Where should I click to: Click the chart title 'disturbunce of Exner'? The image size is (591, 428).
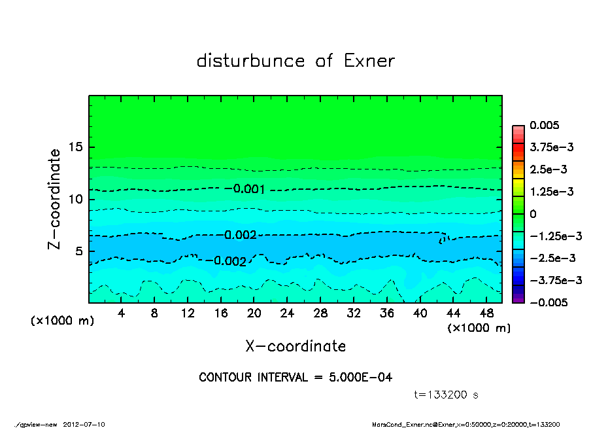pyautogui.click(x=295, y=61)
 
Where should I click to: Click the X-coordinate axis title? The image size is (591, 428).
pyautogui.click(x=295, y=346)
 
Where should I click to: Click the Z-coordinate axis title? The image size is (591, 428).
pyautogui.click(x=55, y=198)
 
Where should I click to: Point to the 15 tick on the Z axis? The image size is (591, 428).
pyautogui.click(x=76, y=147)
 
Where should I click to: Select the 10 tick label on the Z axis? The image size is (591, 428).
pyautogui.click(x=76, y=199)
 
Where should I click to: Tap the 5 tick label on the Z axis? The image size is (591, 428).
pyautogui.click(x=79, y=251)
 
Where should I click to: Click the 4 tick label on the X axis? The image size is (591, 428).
pyautogui.click(x=122, y=313)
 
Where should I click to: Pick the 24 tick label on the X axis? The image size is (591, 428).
pyautogui.click(x=287, y=313)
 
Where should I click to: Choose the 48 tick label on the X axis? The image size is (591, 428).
pyautogui.click(x=486, y=313)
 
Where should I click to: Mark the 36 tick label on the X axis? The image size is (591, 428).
pyautogui.click(x=386, y=313)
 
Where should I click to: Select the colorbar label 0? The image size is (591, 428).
pyautogui.click(x=533, y=213)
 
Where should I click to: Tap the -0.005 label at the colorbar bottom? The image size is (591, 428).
pyautogui.click(x=548, y=302)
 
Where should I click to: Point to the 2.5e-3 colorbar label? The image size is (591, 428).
pyautogui.click(x=548, y=169)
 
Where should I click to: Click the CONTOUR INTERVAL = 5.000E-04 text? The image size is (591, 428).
pyautogui.click(x=295, y=378)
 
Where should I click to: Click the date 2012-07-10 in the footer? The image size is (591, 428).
pyautogui.click(x=84, y=424)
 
